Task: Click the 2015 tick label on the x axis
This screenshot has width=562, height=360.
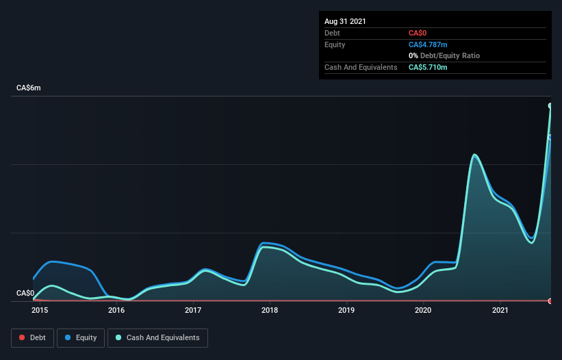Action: [x=40, y=310]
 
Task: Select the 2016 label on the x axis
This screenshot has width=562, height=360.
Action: [x=116, y=310]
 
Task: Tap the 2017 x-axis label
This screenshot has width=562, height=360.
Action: [x=193, y=310]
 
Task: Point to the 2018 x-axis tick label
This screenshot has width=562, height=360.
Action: [x=270, y=310]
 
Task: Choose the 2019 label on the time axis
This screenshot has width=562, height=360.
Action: [x=347, y=310]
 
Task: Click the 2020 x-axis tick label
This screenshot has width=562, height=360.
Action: [x=424, y=310]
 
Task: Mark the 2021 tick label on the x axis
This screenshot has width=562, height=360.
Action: [x=500, y=310]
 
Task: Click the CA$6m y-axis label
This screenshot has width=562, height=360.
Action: [x=29, y=88]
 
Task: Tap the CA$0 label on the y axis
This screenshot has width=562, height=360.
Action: [x=25, y=293]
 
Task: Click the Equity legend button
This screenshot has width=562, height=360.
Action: [x=81, y=337]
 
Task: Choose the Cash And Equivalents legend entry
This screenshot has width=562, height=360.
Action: [x=157, y=337]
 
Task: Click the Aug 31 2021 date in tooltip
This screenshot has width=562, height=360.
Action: [x=345, y=21]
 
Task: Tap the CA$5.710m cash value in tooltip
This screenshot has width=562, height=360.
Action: [x=429, y=67]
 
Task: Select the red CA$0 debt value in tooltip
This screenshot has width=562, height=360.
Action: [x=418, y=33]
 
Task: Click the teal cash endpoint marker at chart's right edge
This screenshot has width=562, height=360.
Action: [x=550, y=105]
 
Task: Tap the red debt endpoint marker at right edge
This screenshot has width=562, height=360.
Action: [x=550, y=301]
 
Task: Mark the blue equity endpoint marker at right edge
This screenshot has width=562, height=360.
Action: [x=550, y=138]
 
